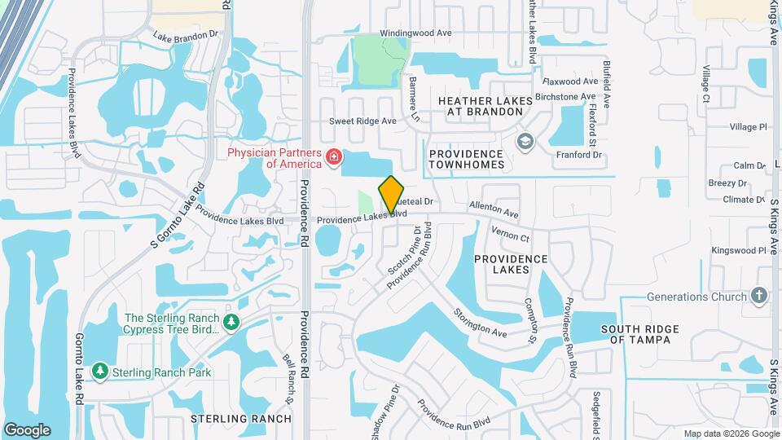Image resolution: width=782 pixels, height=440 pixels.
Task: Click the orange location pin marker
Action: pyautogui.click(x=392, y=194)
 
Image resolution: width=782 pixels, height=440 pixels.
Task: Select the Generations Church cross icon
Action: pyautogui.click(x=759, y=296)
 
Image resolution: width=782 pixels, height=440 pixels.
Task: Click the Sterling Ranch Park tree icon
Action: pyautogui.click(x=100, y=372)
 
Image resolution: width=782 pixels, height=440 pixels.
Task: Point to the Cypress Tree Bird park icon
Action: pyautogui.click(x=232, y=323)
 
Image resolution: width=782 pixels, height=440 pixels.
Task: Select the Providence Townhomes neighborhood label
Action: pyautogui.click(x=467, y=159)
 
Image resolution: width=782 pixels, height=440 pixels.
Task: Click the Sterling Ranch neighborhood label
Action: pyautogui.click(x=240, y=419)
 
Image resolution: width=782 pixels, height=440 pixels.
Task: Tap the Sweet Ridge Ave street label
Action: pyautogui.click(x=362, y=121)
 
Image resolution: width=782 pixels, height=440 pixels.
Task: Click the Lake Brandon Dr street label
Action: pyautogui.click(x=187, y=36)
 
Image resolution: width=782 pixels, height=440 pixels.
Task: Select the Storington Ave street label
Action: pyautogui.click(x=481, y=323)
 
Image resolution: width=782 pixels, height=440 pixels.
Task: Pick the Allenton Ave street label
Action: pyautogui.click(x=494, y=211)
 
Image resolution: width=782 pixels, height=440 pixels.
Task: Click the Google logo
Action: pyautogui.click(x=27, y=429)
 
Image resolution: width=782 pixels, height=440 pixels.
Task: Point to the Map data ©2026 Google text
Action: pyautogui.click(x=731, y=433)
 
